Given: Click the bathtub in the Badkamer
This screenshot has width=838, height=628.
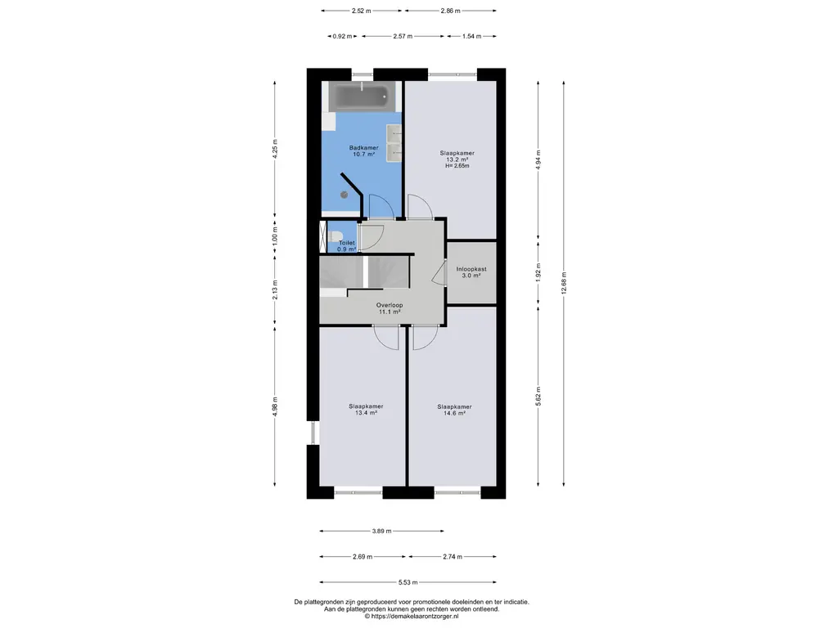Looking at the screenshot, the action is [361, 96].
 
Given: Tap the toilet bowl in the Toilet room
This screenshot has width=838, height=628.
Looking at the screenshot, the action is [336, 235].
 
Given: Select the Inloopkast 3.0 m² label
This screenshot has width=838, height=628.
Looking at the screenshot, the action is [471, 272].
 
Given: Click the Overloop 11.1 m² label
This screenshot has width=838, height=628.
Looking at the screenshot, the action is [390, 308].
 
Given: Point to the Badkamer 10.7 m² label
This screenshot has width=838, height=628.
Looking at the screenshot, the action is [363, 151].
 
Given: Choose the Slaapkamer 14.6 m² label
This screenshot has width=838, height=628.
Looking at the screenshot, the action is [454, 410].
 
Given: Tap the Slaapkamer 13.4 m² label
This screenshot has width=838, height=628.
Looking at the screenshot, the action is [366, 409].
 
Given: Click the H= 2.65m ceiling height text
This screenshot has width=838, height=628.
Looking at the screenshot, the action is [457, 165].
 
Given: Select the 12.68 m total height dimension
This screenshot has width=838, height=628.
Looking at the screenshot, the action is [564, 283].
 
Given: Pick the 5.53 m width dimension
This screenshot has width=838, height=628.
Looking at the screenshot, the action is [408, 582].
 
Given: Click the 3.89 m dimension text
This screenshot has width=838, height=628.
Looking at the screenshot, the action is [381, 531].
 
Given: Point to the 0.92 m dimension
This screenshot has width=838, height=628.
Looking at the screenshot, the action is [343, 36].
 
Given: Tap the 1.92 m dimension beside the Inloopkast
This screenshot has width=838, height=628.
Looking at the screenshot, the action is [538, 273].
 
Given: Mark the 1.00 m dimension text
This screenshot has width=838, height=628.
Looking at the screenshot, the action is [275, 239].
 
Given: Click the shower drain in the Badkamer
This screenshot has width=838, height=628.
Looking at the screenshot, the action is [345, 195].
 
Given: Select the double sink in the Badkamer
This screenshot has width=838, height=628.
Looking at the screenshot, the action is [394, 142].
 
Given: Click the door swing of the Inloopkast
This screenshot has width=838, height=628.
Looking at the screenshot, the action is [439, 274].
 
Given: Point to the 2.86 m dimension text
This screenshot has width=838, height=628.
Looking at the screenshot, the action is [451, 11].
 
